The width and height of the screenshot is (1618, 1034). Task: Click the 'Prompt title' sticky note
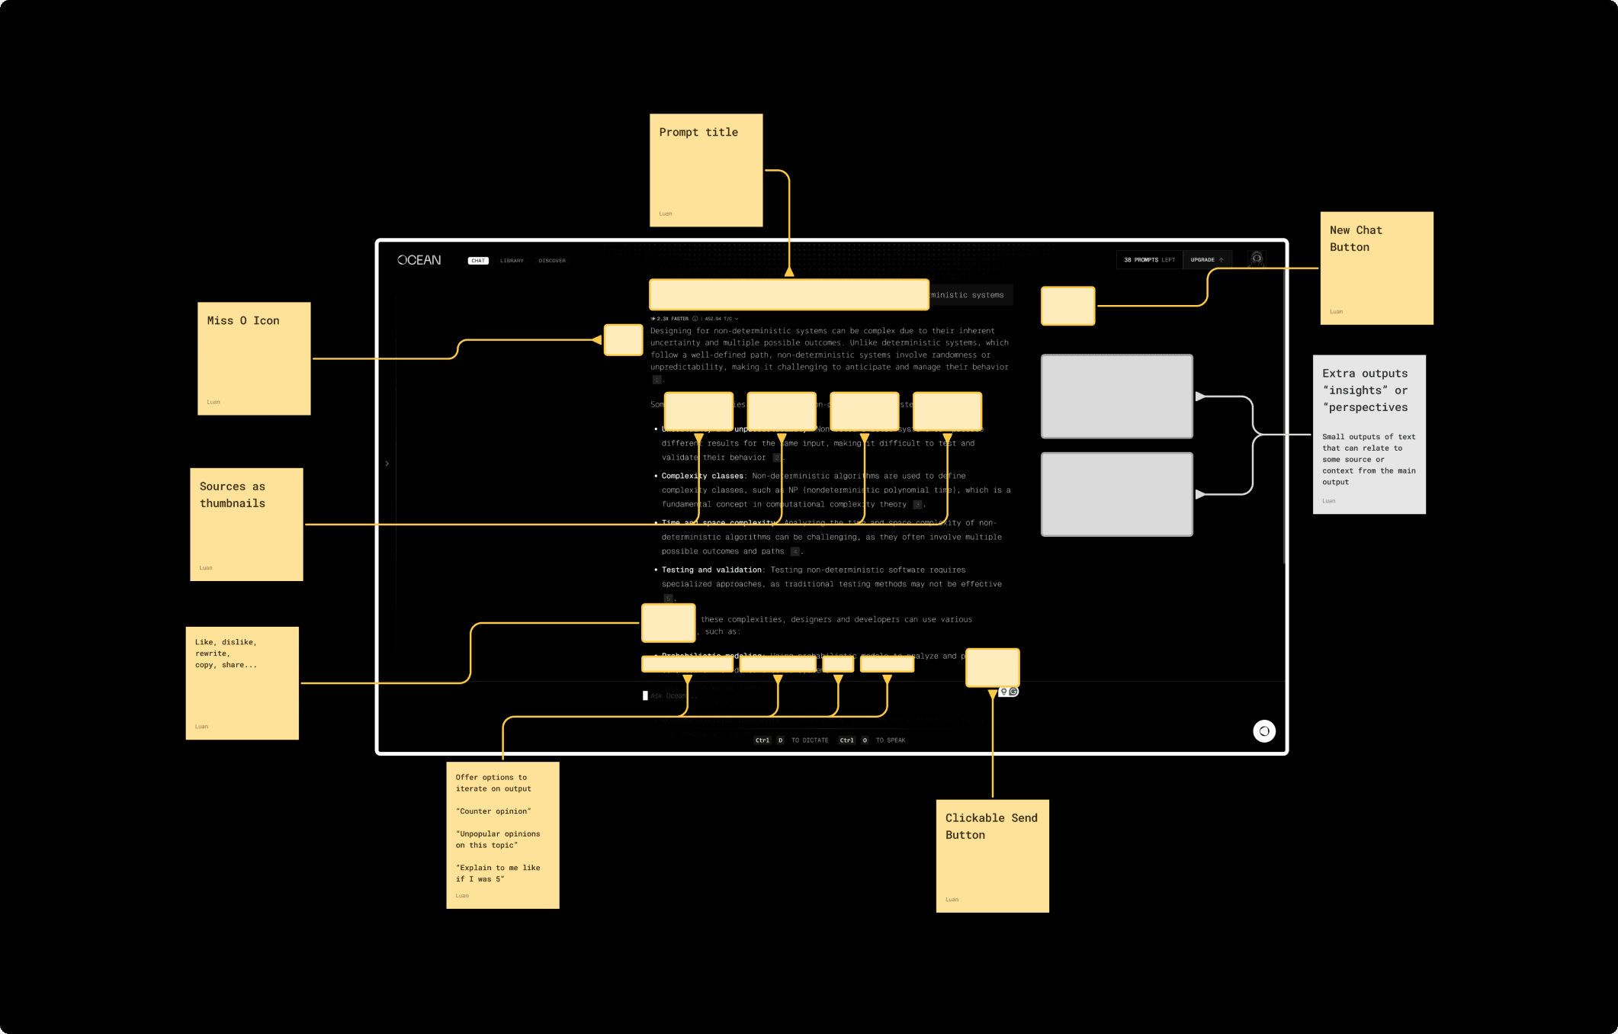point(706,170)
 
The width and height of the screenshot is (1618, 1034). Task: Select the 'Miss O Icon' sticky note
point(254,358)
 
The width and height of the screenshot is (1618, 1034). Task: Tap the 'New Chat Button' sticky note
point(1376,268)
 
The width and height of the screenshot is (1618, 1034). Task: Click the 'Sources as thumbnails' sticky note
point(246,524)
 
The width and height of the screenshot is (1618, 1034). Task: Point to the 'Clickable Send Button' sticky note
point(992,856)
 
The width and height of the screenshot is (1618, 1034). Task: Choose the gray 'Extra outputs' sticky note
point(1369,434)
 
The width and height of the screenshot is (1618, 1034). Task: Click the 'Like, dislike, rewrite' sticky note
point(242,682)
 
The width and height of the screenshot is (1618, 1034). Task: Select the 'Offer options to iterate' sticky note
point(502,834)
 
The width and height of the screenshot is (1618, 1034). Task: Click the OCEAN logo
point(419,260)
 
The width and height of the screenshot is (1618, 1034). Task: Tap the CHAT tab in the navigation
point(478,261)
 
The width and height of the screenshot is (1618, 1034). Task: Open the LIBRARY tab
point(512,261)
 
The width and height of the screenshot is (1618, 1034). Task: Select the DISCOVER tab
point(552,261)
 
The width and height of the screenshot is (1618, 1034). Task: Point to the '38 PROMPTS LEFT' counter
point(1149,260)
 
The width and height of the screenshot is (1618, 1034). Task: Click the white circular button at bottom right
point(1263,731)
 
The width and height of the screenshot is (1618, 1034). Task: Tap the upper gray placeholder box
point(1116,396)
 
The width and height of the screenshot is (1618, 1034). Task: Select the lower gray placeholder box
point(1116,494)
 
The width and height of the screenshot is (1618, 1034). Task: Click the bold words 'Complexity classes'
point(702,476)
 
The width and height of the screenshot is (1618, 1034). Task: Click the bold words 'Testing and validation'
point(711,570)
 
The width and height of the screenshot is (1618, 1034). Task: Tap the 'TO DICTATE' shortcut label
point(810,740)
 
